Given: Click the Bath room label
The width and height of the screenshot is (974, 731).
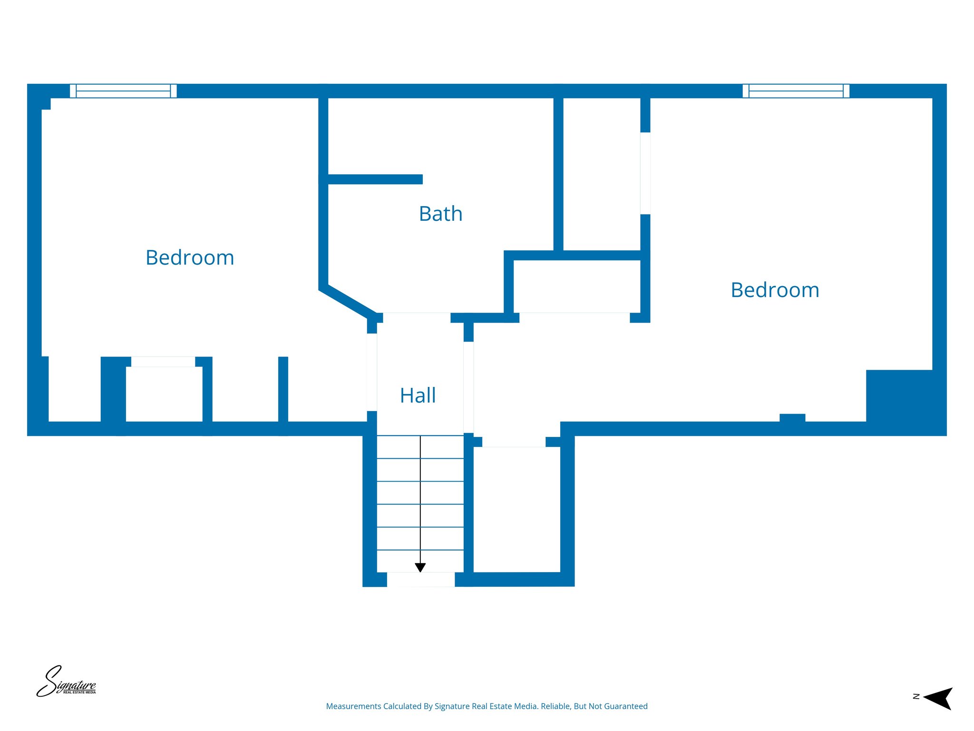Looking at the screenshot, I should [440, 214].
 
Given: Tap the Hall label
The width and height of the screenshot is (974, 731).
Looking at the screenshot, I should [418, 395].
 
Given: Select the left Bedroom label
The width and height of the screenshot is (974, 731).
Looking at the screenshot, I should [190, 257].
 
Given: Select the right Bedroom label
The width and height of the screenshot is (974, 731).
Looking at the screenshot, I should [775, 290].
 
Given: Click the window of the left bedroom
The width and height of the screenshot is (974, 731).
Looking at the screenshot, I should [123, 91].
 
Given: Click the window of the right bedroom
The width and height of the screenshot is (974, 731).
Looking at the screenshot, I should [796, 91].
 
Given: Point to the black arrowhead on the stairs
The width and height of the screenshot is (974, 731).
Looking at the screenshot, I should [420, 567].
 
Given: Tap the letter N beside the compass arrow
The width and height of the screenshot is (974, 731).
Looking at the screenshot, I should [916, 696].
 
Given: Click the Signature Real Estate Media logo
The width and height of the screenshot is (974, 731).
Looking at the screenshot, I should [66, 682].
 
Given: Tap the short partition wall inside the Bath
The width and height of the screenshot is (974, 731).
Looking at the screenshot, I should [375, 179].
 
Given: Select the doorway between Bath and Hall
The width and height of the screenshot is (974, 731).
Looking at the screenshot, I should [417, 317].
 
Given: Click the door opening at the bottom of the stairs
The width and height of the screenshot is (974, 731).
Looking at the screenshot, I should [420, 579].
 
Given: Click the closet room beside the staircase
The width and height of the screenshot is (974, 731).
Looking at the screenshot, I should [516, 509].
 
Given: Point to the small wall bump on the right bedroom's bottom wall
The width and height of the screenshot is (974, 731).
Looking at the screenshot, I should [792, 417].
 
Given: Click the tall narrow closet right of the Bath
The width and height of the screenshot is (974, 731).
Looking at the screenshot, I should [602, 174].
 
